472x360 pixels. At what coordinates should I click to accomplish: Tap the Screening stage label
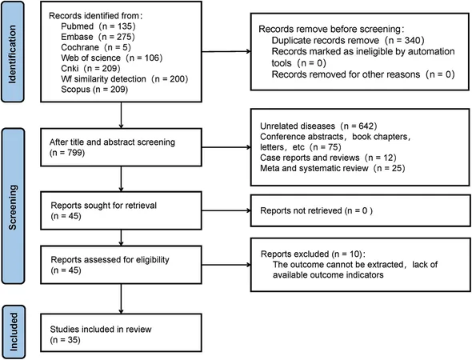[12, 207]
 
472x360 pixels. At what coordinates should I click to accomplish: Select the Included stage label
[14, 331]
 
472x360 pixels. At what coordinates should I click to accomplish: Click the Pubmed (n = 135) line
[98, 26]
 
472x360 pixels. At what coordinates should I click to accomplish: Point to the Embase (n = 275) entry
[98, 37]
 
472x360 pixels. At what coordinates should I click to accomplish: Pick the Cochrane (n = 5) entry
[96, 47]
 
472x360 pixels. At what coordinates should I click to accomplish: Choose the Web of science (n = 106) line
[112, 58]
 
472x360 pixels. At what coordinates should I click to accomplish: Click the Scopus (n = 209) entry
[94, 90]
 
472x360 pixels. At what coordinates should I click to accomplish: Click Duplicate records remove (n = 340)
[348, 40]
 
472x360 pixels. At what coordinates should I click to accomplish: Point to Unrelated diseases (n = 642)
[318, 126]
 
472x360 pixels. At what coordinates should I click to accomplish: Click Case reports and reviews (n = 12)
[328, 158]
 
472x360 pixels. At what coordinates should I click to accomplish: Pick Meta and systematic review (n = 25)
[332, 168]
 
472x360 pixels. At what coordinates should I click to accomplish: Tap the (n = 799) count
[67, 153]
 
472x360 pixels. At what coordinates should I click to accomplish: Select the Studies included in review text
[101, 330]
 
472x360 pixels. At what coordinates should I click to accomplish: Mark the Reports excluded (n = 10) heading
[313, 254]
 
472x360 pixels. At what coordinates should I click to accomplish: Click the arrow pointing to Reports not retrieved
[226, 210]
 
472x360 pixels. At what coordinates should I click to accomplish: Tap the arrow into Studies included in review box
[121, 299]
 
